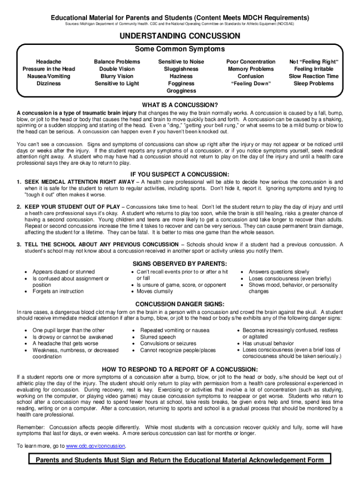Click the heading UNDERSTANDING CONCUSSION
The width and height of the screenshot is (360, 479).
pos(180,36)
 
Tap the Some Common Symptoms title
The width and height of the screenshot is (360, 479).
pos(180,49)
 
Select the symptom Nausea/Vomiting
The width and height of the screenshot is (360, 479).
pos(49,76)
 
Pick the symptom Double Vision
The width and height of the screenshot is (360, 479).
pos(117,69)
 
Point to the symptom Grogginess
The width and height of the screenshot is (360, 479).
pos(181,91)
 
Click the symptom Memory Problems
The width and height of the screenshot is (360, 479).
pos(251,69)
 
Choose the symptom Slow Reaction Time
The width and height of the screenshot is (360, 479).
pos(314,76)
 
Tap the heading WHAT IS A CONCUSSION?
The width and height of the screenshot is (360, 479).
pos(180,105)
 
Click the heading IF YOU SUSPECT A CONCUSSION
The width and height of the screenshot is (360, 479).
pos(180,174)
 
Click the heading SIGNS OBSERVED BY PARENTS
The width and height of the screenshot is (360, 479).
pos(180,263)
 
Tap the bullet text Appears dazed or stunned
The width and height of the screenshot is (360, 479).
pos(64,272)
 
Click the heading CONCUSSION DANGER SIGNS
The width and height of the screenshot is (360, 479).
pos(180,304)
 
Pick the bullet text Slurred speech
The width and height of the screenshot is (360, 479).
pos(158,337)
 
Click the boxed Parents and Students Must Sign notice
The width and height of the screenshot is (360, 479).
pos(180,459)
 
